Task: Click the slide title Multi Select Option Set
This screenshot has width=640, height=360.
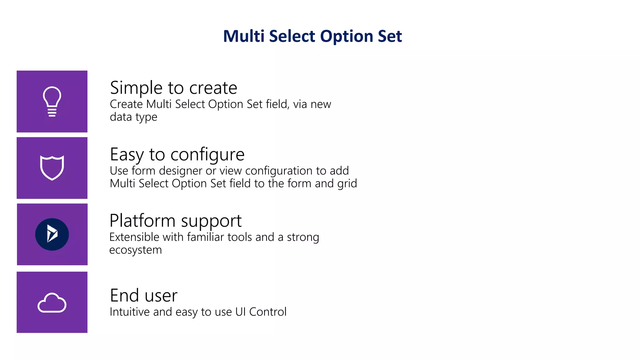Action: (312, 36)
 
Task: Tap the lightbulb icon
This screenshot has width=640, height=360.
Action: (52, 101)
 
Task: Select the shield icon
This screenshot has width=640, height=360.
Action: (52, 168)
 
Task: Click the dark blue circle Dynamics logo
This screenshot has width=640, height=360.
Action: (52, 234)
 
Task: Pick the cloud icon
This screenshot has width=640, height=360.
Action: (52, 302)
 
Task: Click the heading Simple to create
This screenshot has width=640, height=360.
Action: (173, 88)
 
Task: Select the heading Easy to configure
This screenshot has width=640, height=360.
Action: (177, 154)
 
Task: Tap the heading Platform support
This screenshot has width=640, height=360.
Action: (175, 221)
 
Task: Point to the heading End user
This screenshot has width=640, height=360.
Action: (143, 296)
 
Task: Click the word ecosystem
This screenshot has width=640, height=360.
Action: (135, 250)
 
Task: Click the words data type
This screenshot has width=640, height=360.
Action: (133, 117)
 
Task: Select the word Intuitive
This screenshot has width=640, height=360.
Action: (129, 312)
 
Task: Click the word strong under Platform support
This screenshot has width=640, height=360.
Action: (303, 237)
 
